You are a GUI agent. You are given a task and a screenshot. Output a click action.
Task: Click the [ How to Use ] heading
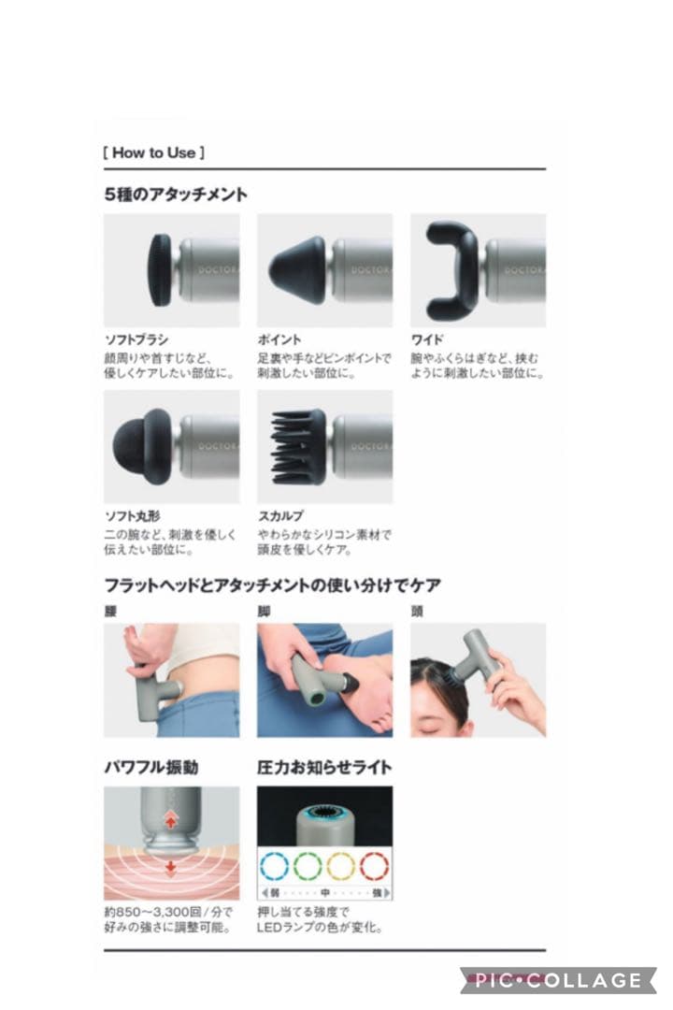pyautogui.click(x=154, y=152)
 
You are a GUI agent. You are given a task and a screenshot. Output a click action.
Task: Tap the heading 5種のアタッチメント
pyautogui.click(x=176, y=195)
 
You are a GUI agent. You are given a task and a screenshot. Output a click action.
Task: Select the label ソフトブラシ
pyautogui.click(x=136, y=340)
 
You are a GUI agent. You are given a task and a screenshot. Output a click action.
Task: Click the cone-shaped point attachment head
pyautogui.click(x=298, y=269)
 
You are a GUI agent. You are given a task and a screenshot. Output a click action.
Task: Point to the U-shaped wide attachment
pyautogui.click(x=451, y=270)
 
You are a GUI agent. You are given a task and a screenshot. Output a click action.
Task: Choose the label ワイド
pyautogui.click(x=427, y=340)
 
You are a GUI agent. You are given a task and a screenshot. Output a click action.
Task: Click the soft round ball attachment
pyautogui.click(x=141, y=446)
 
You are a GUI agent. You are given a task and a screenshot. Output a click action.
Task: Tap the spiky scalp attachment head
pyautogui.click(x=298, y=446)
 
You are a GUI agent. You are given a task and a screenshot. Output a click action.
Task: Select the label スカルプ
pyautogui.click(x=280, y=516)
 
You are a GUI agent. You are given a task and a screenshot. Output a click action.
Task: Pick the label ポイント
pyautogui.click(x=279, y=340)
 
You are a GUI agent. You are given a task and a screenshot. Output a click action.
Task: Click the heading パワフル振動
pyautogui.click(x=150, y=768)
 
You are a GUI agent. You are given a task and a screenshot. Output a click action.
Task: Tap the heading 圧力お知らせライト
pyautogui.click(x=324, y=768)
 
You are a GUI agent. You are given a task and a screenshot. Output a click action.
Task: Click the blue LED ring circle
pyautogui.click(x=276, y=866)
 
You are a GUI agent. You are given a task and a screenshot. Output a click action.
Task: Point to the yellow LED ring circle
pyautogui.click(x=341, y=866)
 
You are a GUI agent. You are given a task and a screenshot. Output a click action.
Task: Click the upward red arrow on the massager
pyautogui.click(x=171, y=818)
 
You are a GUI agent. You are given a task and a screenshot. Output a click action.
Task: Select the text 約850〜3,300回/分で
pyautogui.click(x=168, y=912)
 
